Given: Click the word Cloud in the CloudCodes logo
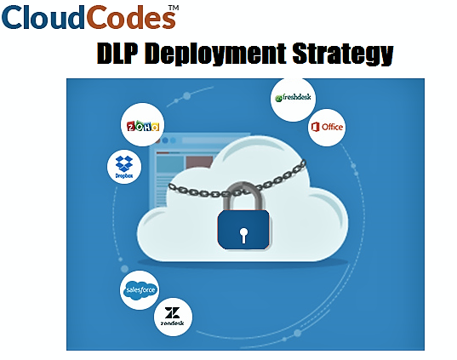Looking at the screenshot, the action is (43, 17).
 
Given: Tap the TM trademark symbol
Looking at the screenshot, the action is (174, 8).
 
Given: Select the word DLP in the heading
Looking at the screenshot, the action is (117, 54).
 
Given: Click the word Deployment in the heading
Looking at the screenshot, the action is (215, 54).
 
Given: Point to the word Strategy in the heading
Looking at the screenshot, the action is (343, 54).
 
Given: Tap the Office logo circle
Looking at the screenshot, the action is (327, 128).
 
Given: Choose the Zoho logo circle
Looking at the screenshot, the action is (142, 125).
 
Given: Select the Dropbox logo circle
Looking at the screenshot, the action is (124, 167).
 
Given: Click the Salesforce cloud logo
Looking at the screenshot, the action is (140, 290).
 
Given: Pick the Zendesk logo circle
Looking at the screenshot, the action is (173, 317).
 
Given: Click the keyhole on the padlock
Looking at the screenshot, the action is (243, 235).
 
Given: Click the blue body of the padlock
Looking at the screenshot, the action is (243, 230).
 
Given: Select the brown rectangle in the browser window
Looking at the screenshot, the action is (199, 162).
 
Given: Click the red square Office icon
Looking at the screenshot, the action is (315, 127).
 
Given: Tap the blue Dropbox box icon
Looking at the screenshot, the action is (124, 163).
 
